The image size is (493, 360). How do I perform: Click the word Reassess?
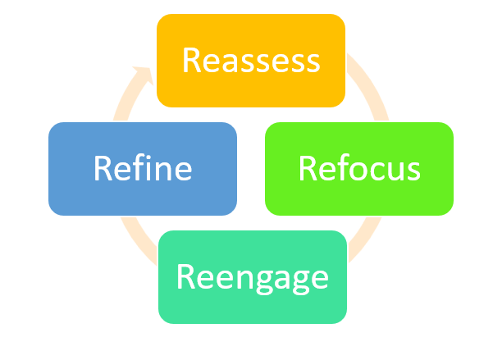point(250,60)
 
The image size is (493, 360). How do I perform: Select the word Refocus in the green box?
point(359,168)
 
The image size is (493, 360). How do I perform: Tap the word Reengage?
point(253,277)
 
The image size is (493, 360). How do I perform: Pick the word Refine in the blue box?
point(143,168)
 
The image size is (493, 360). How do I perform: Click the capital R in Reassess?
point(191,60)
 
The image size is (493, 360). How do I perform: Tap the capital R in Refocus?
point(308,168)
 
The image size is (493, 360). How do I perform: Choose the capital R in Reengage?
point(186,277)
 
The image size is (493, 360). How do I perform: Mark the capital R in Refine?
point(103,168)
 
